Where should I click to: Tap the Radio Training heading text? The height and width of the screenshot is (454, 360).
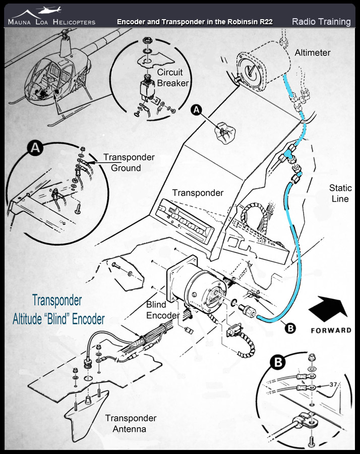pos(321,21)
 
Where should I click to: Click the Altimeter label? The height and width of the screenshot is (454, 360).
pos(313,52)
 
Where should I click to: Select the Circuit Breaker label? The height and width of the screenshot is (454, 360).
pos(172,78)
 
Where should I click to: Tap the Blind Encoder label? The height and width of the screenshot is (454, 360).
pos(163,310)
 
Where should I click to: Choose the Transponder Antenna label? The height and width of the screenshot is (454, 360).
pos(131,423)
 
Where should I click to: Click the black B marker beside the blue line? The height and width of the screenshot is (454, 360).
pos(290,328)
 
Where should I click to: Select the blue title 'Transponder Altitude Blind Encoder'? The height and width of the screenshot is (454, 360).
pos(58,309)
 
